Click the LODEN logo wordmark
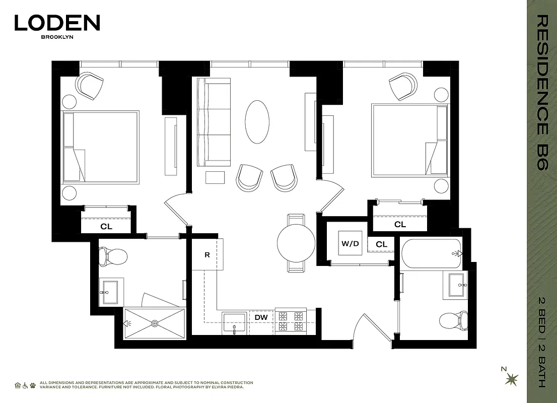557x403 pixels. [57, 23]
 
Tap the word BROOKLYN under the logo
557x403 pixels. [57, 37]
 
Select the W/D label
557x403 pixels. [351, 244]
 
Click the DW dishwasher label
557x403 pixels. [261, 317]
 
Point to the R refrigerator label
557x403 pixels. [207, 255]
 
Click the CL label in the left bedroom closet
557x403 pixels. [106, 227]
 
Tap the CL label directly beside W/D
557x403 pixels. [382, 245]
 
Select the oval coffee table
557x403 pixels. [257, 122]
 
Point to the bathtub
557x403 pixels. [431, 253]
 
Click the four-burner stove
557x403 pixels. [291, 321]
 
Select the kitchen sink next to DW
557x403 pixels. [235, 322]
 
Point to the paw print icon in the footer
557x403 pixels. [33, 385]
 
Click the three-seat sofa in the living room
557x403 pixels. [213, 122]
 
